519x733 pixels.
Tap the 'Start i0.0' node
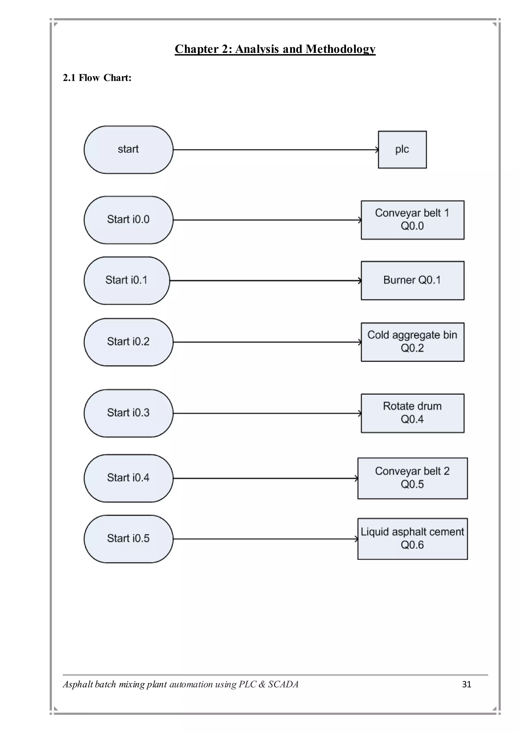[128, 220]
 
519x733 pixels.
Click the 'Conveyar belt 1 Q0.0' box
[412, 220]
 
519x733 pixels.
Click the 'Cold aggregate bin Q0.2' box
[412, 342]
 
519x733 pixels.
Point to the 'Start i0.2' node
[128, 342]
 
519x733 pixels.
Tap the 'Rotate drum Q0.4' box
[412, 413]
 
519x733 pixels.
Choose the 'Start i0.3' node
[128, 413]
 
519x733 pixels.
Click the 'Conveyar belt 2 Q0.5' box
[412, 478]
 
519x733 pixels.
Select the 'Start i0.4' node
[128, 478]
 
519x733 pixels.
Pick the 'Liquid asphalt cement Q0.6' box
[412, 539]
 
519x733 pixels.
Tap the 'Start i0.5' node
[128, 539]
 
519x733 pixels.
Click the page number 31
[467, 684]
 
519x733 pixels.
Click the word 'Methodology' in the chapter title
[340, 49]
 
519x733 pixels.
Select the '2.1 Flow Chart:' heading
[97, 78]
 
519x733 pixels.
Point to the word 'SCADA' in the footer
[283, 684]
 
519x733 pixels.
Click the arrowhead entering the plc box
[377, 150]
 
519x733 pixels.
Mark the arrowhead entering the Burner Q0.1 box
[360, 281]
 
